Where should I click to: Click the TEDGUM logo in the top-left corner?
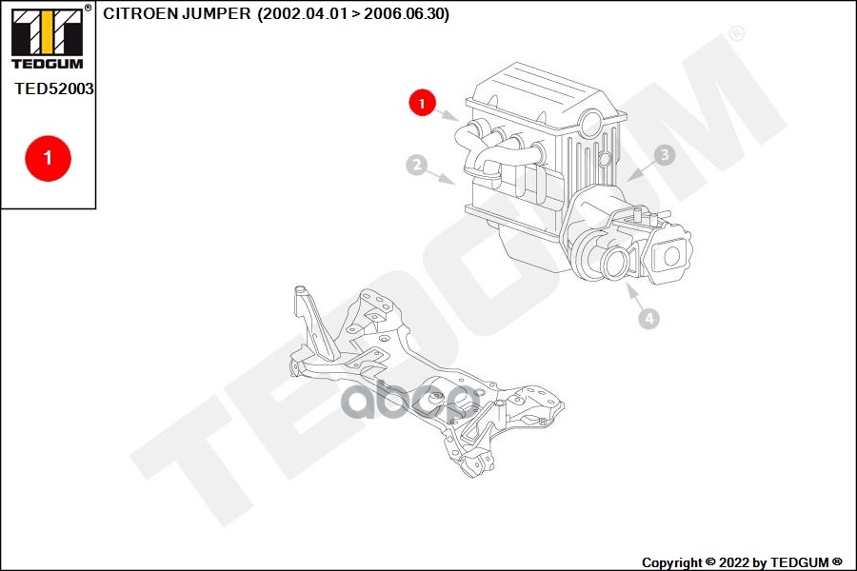48,36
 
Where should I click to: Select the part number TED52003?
54,89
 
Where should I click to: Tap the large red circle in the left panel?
49,158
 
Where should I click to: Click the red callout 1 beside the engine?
422,102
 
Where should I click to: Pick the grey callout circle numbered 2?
417,165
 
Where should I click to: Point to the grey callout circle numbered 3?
665,155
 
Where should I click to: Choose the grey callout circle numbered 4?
648,318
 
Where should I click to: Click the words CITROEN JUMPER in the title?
177,14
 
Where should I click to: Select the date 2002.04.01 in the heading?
305,14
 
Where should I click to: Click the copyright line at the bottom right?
742,562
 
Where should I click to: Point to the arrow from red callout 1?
448,115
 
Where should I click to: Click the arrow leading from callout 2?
441,176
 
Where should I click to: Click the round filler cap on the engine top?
592,123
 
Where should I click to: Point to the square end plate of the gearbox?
670,256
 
